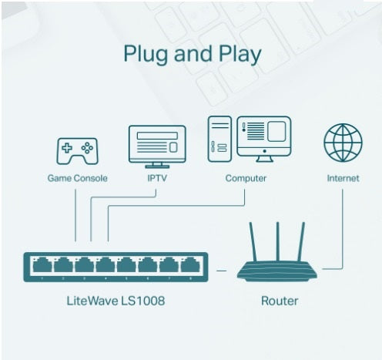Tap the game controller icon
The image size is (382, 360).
77,150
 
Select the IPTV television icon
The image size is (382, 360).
156,146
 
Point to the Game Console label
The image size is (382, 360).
77,178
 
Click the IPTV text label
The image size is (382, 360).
156,178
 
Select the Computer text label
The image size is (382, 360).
246,178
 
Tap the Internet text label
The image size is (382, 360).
343,178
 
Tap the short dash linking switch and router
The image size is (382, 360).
221,269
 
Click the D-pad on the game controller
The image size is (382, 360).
67,148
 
